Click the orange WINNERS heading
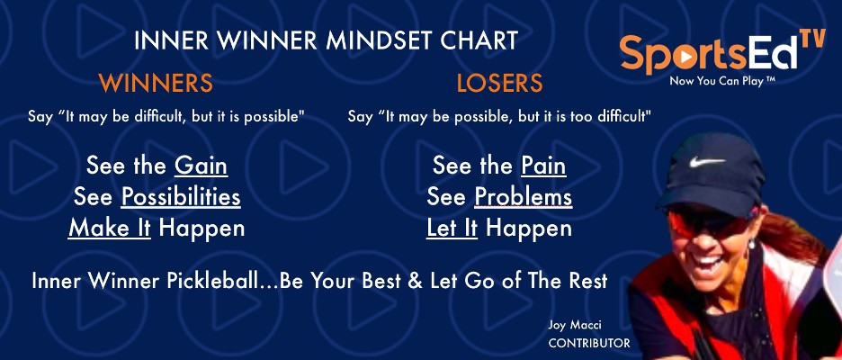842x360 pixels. click(x=156, y=84)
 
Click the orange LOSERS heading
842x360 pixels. click(x=499, y=84)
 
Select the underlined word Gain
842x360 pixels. click(x=201, y=166)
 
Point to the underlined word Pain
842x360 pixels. click(x=543, y=166)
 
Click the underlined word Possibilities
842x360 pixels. click(x=181, y=197)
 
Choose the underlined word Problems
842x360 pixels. click(x=524, y=197)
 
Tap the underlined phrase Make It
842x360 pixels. click(x=110, y=229)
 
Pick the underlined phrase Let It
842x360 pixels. click(x=452, y=229)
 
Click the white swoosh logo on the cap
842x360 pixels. click(x=707, y=161)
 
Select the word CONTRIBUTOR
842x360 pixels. click(x=589, y=343)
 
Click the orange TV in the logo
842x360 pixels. click(x=812, y=40)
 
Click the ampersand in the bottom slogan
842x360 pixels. click(x=416, y=281)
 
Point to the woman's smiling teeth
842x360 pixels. click(x=708, y=264)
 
